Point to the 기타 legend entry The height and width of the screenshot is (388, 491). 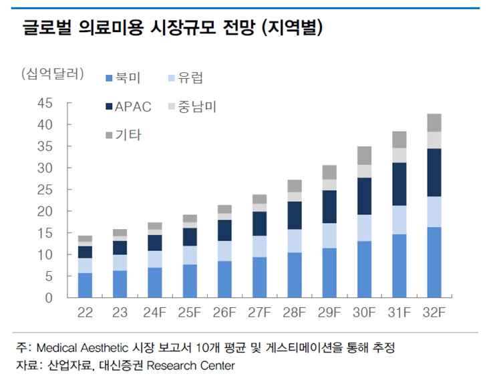point(123,135)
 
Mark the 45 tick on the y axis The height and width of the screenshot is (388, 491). point(45,104)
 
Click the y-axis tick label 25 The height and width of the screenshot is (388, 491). point(45,190)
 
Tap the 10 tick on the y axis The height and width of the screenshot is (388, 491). point(45,255)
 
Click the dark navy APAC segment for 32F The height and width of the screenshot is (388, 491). point(434,172)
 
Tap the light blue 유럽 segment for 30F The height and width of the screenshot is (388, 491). point(365,228)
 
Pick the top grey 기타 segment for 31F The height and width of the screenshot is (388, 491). point(399,139)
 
